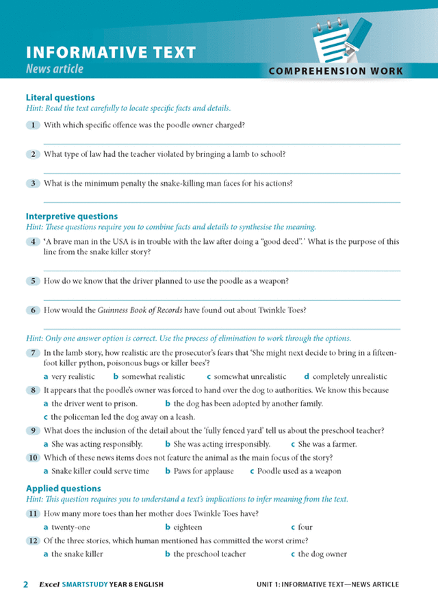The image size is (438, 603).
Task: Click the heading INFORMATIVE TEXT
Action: (111, 53)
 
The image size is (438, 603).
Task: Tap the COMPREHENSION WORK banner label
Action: (335, 71)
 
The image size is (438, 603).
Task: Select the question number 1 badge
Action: (32, 125)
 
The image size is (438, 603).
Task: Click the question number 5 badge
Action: (32, 281)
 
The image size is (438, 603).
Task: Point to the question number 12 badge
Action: (32, 541)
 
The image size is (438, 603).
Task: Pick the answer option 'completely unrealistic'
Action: (349, 376)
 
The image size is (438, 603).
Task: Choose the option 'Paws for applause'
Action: (203, 471)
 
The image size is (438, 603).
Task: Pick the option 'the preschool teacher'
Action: (209, 554)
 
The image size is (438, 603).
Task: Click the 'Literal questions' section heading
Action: (60, 98)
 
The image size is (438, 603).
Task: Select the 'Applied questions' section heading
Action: (63, 489)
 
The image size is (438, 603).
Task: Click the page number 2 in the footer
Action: (26, 584)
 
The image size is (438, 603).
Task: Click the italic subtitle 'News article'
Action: (55, 69)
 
